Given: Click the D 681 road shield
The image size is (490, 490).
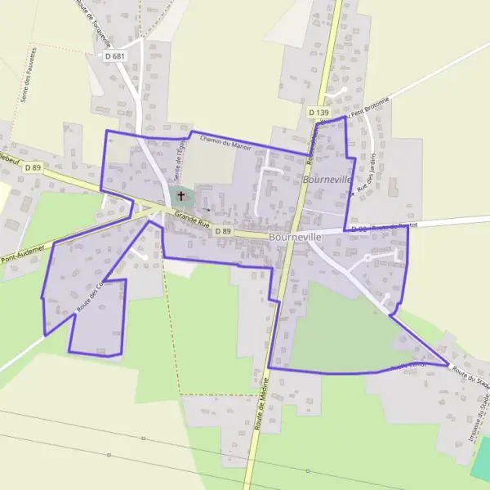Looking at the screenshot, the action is tap(115, 56).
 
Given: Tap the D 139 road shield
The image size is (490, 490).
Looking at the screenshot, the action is tap(318, 111).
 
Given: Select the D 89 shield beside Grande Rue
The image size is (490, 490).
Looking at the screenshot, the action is tap(224, 232).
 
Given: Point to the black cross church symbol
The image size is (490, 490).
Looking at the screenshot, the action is tap(180, 197).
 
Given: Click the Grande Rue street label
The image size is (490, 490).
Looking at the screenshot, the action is tap(192, 221).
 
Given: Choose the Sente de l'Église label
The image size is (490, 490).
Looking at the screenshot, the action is tap(179, 163).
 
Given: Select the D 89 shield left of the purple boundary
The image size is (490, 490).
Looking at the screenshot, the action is tap(33, 167).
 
